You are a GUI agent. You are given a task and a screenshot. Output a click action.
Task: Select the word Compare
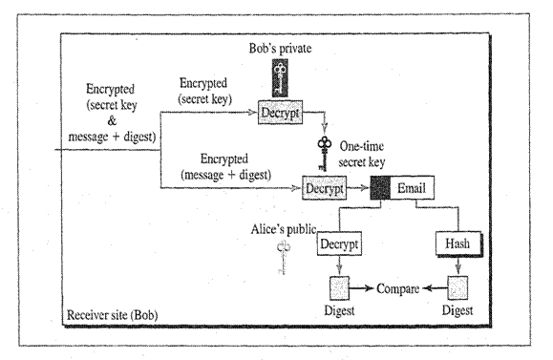click(x=398, y=287)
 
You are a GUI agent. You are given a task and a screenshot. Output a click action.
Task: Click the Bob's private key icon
click(x=279, y=76)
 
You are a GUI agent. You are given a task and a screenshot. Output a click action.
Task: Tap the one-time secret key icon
click(x=325, y=153)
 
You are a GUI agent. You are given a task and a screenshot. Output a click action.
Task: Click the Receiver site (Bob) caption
click(x=114, y=314)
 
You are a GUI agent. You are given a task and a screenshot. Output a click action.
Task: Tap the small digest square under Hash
click(x=461, y=287)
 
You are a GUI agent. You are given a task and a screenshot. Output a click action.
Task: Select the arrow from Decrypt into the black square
click(x=360, y=189)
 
